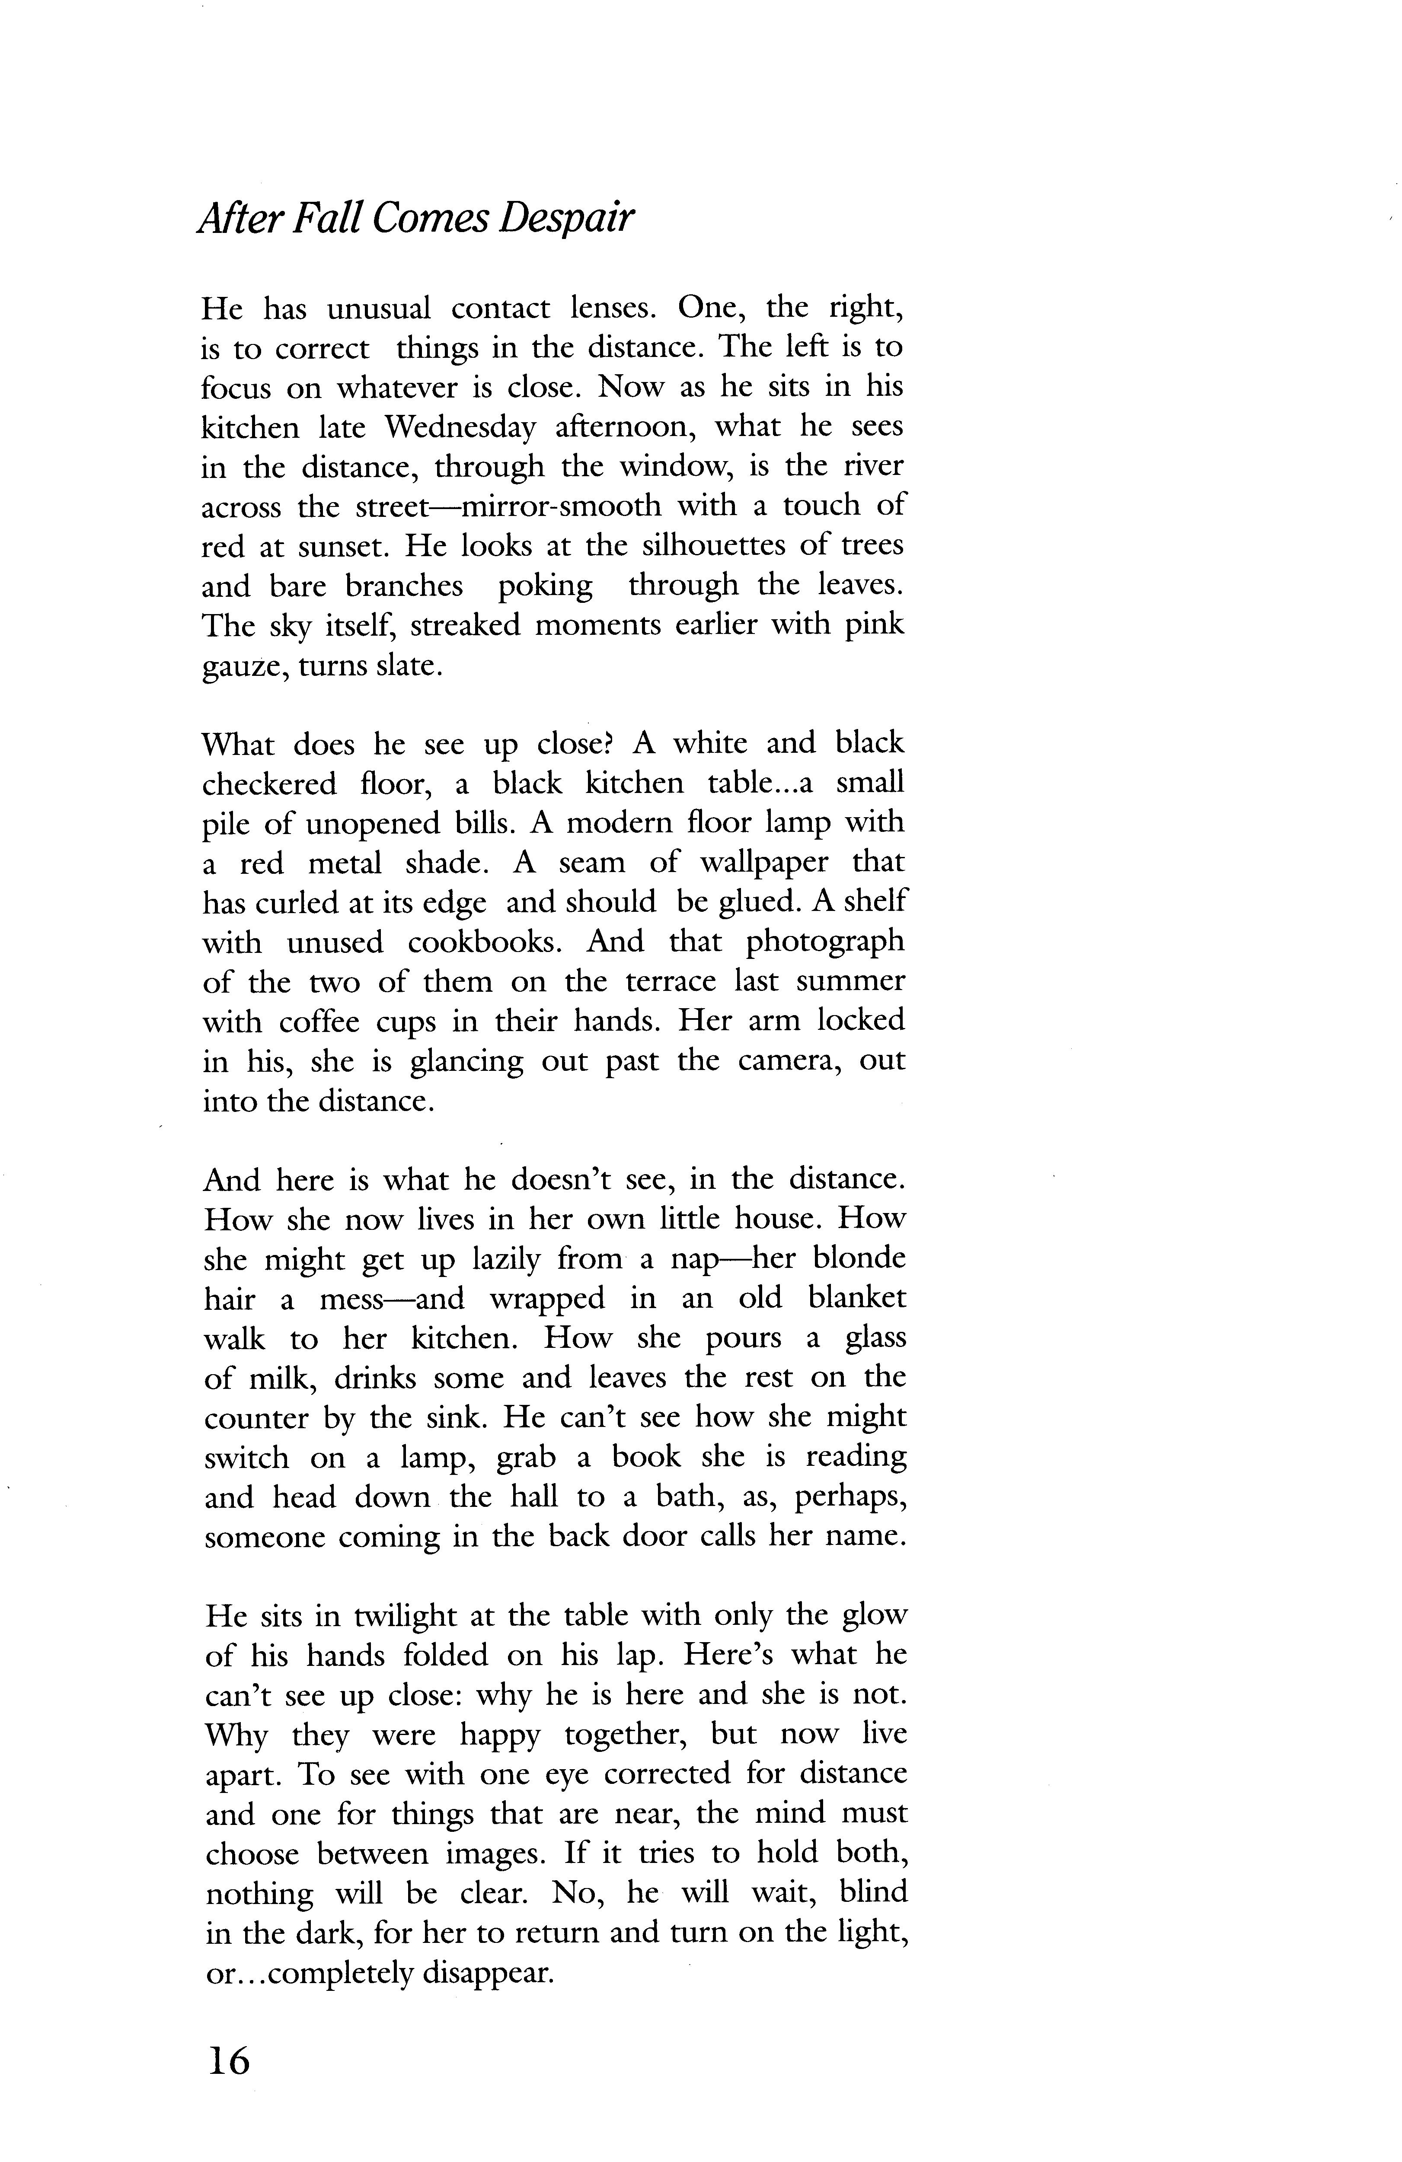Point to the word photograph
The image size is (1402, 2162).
pyautogui.click(x=825, y=942)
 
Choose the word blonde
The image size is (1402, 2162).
pyautogui.click(x=859, y=1258)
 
